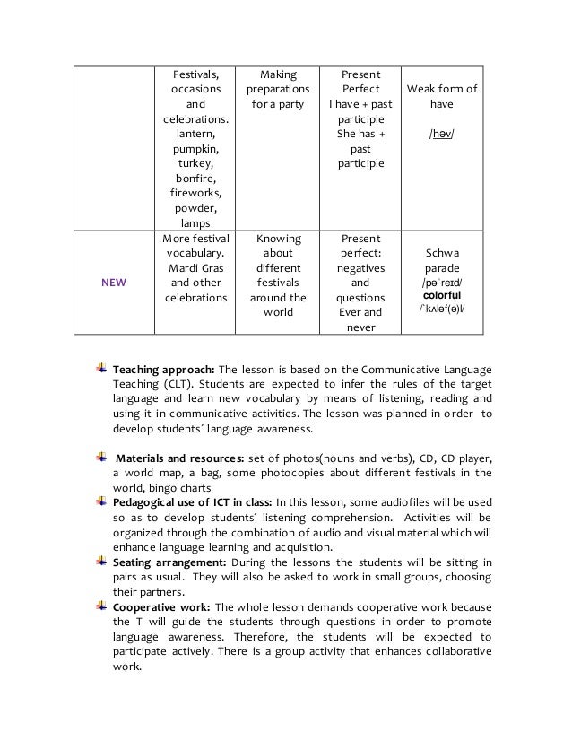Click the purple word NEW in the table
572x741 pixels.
pos(114,282)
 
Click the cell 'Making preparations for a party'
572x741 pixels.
pos(277,91)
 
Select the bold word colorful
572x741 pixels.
pos(441,294)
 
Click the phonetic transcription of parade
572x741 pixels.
pos(441,281)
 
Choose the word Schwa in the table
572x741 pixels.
pos(441,253)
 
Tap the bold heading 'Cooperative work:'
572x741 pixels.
pos(160,606)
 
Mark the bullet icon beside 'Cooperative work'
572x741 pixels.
pos(101,606)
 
